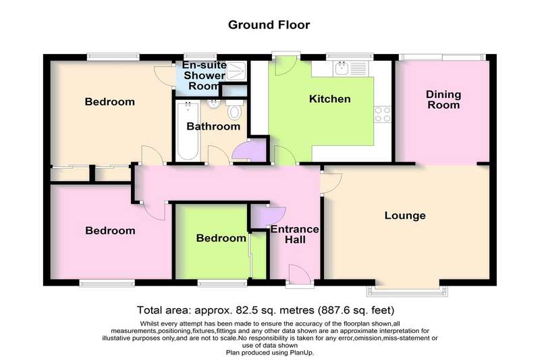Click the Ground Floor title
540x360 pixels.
coord(269,25)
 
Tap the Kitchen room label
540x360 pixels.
coord(330,99)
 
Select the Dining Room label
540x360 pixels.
coord(443,99)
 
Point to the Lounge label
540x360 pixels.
coord(405,215)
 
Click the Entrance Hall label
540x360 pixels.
coord(295,234)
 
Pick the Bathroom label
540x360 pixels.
coord(213,126)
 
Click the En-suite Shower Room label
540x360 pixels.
coord(205,76)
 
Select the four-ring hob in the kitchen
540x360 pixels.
coord(383,114)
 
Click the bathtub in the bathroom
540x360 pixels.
coord(188,131)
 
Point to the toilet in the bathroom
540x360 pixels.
coord(234,109)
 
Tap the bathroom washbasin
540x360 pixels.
coord(214,104)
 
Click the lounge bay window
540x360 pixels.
coord(408,292)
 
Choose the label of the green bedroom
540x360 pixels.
coord(221,238)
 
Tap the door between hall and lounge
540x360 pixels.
coord(331,183)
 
